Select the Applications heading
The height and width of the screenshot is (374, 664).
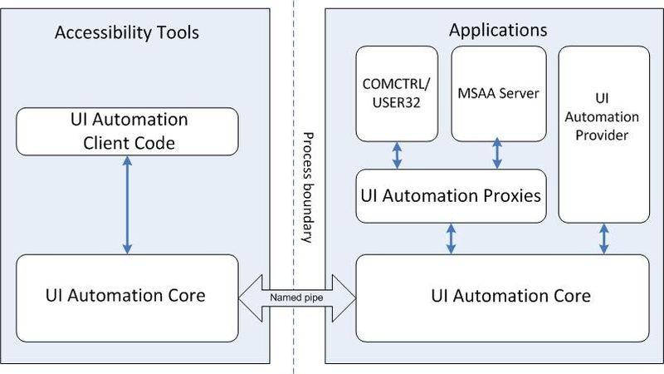coord(498,31)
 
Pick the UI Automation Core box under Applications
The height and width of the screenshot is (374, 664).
coord(502,294)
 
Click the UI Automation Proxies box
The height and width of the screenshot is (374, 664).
coord(452,196)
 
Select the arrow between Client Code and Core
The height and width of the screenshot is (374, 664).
coord(127,207)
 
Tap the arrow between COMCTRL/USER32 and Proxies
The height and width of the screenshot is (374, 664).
coord(398,155)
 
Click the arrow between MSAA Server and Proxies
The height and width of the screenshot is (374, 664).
coord(496,155)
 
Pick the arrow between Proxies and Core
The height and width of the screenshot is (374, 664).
coord(452,239)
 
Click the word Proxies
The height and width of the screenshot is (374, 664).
coord(511,196)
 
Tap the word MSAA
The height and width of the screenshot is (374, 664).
coord(476,94)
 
